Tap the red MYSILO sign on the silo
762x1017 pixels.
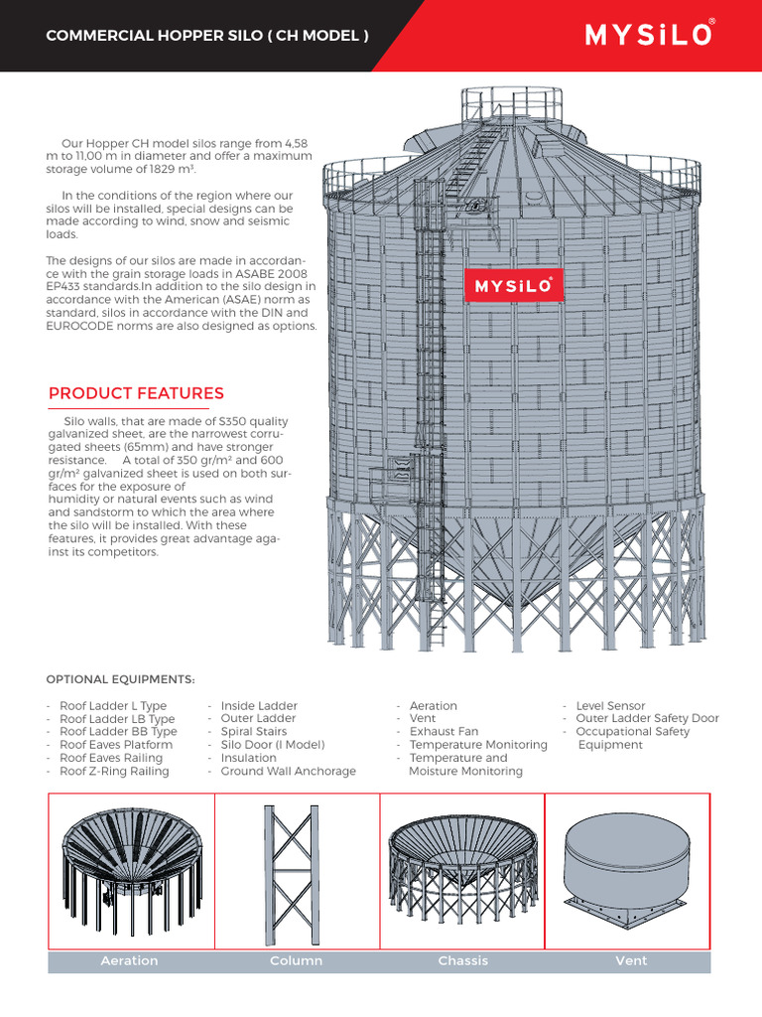click(x=514, y=286)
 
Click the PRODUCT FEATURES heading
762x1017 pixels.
click(x=136, y=393)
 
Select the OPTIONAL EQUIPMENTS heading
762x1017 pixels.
click(x=121, y=679)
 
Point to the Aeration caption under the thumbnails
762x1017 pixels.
click(x=129, y=960)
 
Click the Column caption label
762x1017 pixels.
click(x=297, y=960)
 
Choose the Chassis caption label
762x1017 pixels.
click(x=463, y=960)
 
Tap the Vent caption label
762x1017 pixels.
click(x=631, y=960)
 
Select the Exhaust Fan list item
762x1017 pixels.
click(x=444, y=732)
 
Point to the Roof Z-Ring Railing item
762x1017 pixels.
click(x=114, y=771)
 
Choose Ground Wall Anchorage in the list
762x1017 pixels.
click(x=288, y=771)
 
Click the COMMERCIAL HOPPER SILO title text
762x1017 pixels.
click(x=207, y=36)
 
